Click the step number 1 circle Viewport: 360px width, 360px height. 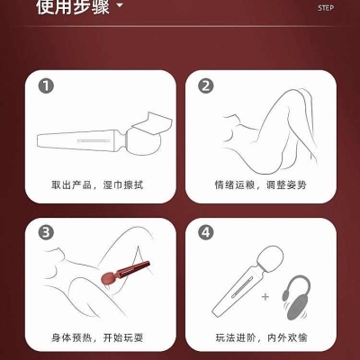coord(46,86)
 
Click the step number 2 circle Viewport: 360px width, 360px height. coord(206,86)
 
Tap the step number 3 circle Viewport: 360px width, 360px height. coord(46,233)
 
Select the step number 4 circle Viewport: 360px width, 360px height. coord(206,233)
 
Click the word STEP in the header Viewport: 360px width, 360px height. coord(326,8)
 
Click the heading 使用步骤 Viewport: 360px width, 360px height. coord(73,6)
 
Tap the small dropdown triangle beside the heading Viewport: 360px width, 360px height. coord(120,5)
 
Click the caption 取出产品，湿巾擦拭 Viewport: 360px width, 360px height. coord(97,184)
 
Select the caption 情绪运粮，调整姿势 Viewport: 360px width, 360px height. coord(260,184)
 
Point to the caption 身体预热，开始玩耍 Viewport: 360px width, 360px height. coord(97,337)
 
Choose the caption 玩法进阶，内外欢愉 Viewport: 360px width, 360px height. coord(261,337)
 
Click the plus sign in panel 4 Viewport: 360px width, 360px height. coord(265,297)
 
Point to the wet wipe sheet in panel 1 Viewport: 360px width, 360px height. coord(153,123)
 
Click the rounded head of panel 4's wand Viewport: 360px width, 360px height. coord(271,257)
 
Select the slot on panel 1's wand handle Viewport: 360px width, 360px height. coord(94,140)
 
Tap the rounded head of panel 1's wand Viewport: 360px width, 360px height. coord(143,141)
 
